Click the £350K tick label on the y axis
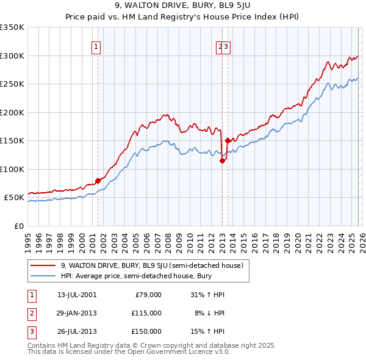coord(12,27)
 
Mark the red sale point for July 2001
coord(98,181)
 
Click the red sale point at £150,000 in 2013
coord(228,140)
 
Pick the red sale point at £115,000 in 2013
coord(222,160)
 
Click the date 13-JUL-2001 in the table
coord(76,295)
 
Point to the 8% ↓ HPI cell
coord(210,313)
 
